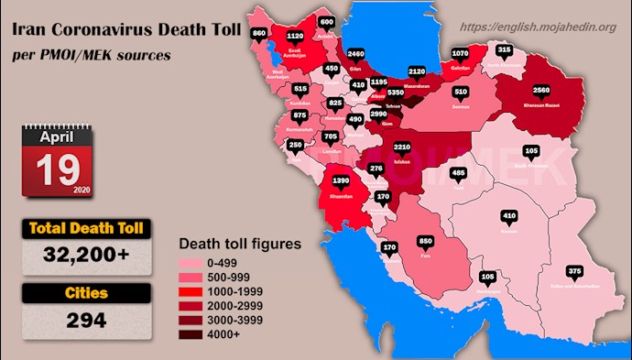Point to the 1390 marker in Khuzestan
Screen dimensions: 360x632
coord(341,181)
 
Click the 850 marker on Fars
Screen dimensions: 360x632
coord(425,241)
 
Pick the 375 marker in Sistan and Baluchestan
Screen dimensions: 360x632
coord(574,272)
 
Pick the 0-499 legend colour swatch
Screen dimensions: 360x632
coord(195,262)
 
